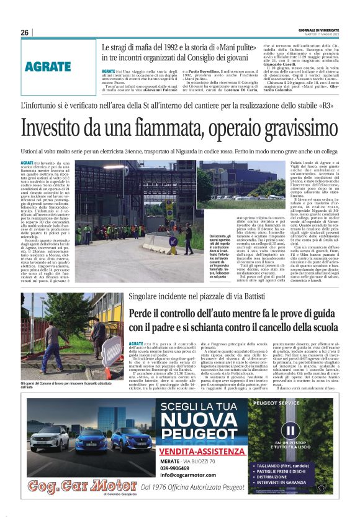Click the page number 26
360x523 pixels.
pyautogui.click(x=24, y=32)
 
